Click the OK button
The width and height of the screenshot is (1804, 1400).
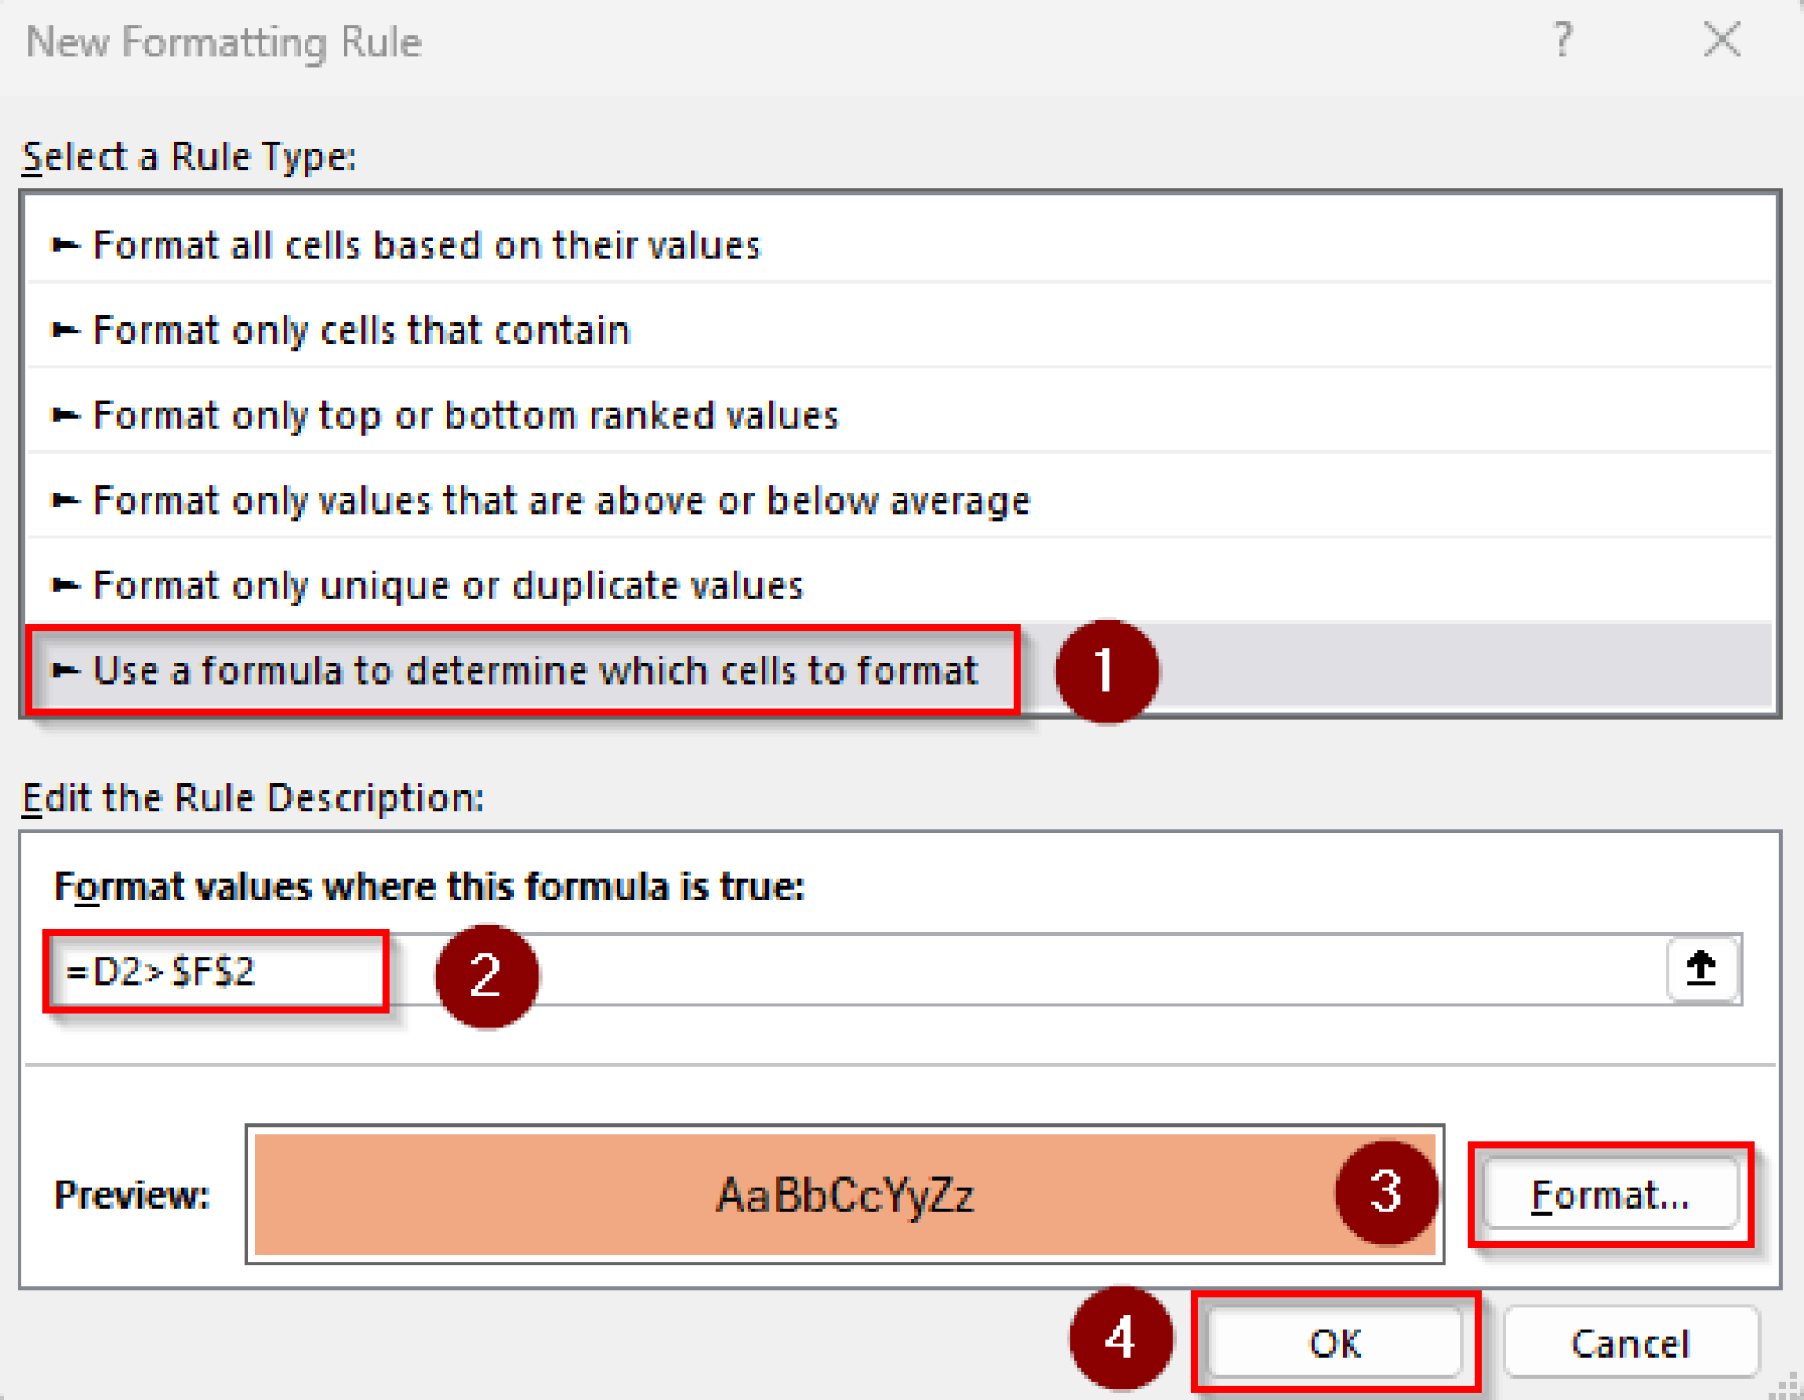click(1335, 1343)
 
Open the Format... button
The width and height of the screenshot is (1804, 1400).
click(1610, 1195)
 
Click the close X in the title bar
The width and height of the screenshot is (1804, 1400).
click(1721, 41)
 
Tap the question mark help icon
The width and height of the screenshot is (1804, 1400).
click(1562, 41)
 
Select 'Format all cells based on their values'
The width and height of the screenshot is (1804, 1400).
click(426, 245)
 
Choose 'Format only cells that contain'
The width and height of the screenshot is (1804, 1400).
click(361, 330)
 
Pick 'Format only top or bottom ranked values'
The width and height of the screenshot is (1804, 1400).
click(465, 415)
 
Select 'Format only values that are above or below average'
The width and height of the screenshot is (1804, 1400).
click(561, 500)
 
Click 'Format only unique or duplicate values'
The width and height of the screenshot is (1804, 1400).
click(447, 586)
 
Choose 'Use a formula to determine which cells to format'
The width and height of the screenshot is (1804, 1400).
click(535, 670)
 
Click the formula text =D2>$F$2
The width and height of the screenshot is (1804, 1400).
click(160, 972)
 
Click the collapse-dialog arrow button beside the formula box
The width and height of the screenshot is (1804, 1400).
click(1701, 969)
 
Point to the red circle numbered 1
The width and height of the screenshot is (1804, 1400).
click(1106, 671)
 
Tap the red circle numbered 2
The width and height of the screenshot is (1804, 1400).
click(486, 976)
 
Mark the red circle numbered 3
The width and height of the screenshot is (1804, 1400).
click(1386, 1192)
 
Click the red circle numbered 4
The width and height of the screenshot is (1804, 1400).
click(1120, 1338)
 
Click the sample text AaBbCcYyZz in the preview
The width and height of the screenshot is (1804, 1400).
click(845, 1196)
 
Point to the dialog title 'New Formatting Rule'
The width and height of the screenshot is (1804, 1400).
click(224, 42)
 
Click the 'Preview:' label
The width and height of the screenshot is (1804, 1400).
click(132, 1196)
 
